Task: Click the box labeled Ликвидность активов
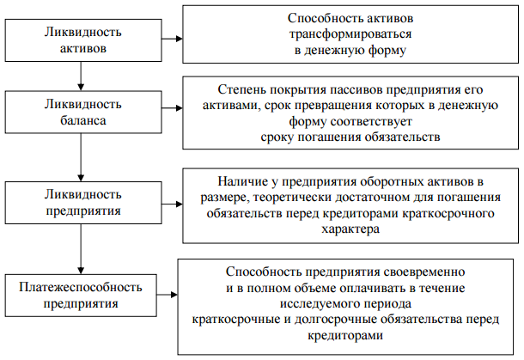[x=83, y=40]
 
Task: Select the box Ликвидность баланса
[x=83, y=112]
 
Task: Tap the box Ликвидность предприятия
[x=83, y=203]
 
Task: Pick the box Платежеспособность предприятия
[x=81, y=296]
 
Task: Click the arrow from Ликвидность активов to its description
[x=172, y=39]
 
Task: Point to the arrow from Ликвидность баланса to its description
[x=172, y=108]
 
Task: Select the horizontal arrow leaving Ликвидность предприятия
[x=172, y=204]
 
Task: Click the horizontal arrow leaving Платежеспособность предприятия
[x=168, y=295]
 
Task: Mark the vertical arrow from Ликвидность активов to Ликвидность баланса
[x=81, y=76]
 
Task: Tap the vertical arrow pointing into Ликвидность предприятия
[x=81, y=157]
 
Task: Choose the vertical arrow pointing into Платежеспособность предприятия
[x=81, y=249]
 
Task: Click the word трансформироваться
[x=350, y=34]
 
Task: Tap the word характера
[x=350, y=229]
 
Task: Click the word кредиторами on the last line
[x=345, y=335]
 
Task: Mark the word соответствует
[x=371, y=121]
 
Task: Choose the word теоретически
[x=293, y=198]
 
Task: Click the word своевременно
[x=424, y=272]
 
